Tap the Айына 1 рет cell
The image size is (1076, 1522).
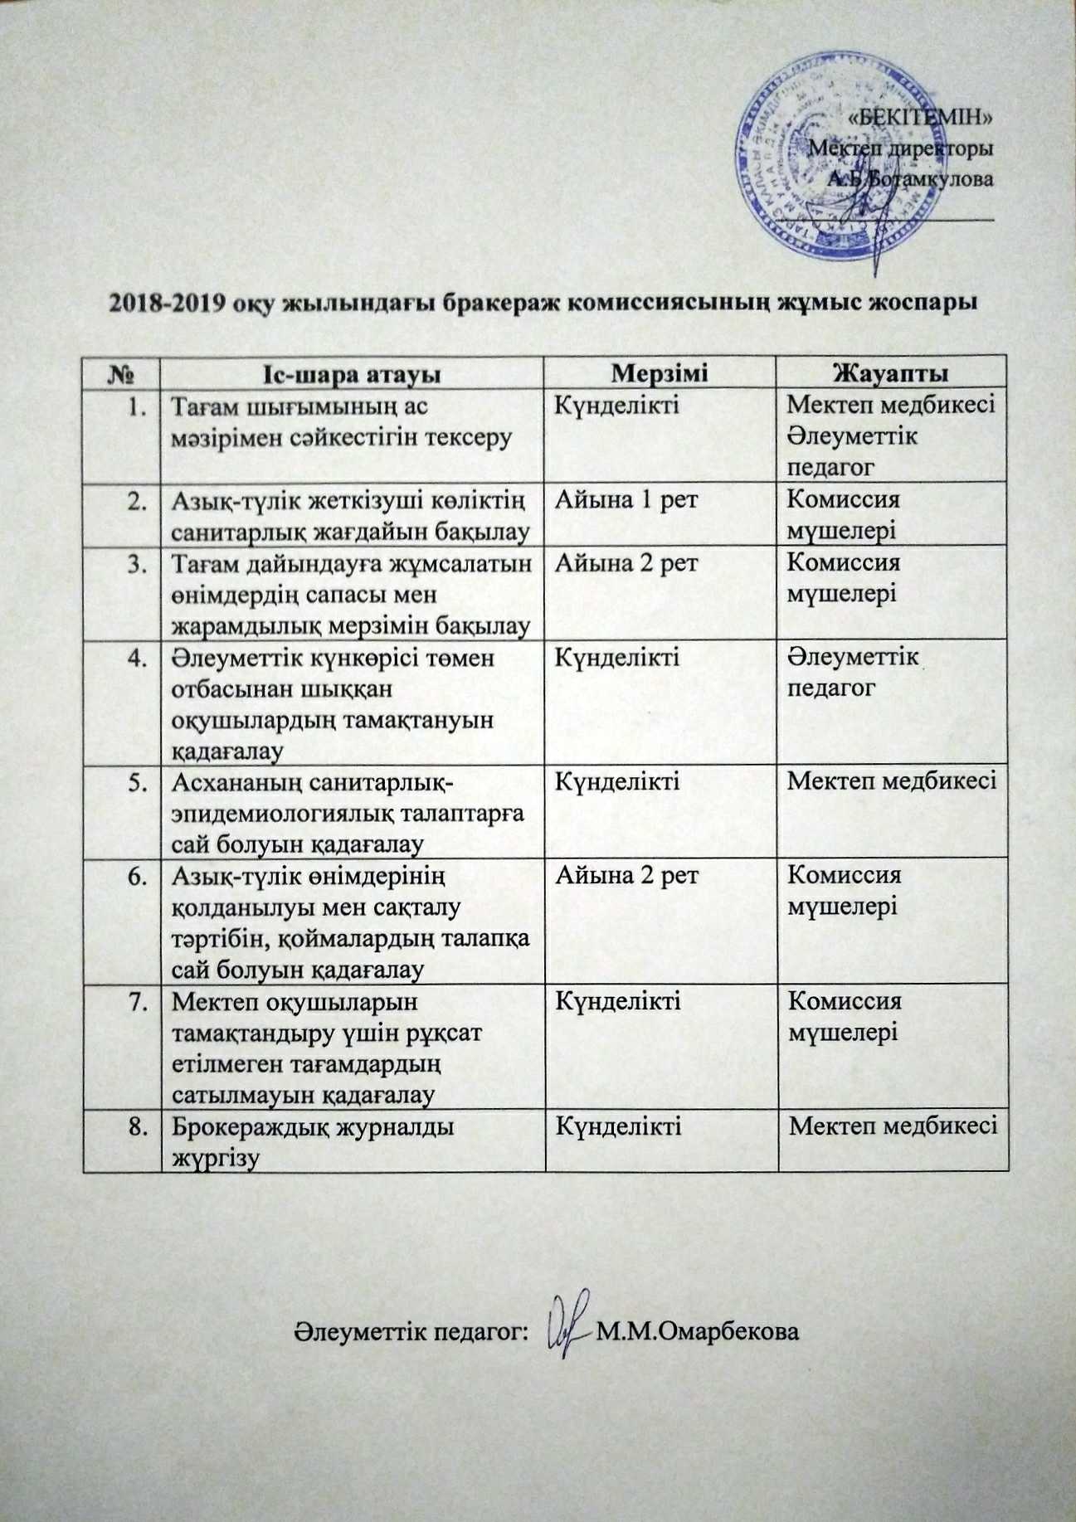[626, 499]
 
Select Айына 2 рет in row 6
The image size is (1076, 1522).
[626, 875]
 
